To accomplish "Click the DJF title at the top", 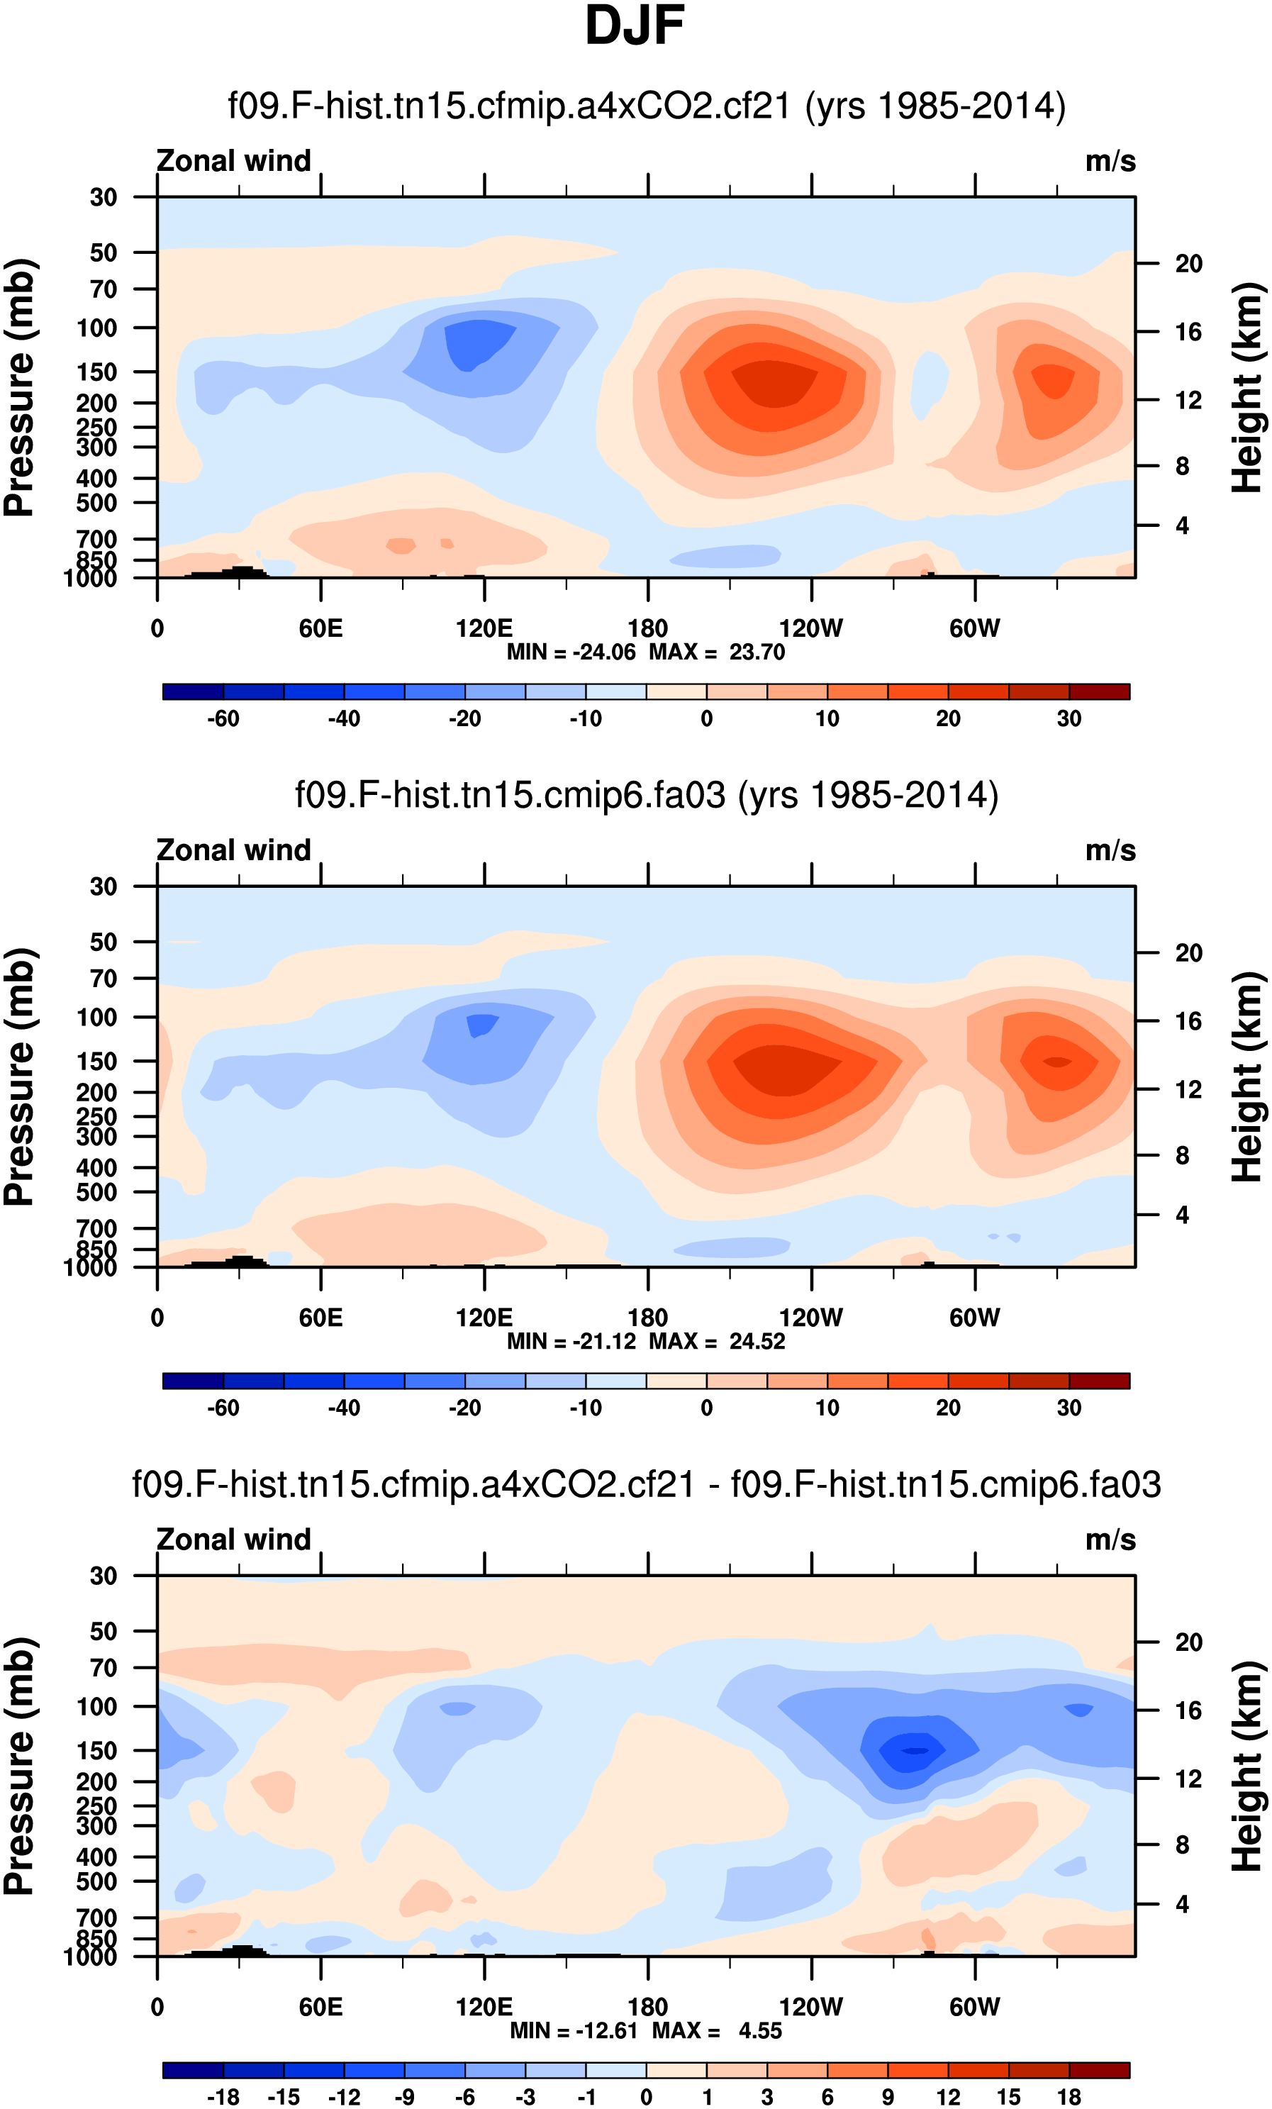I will (635, 26).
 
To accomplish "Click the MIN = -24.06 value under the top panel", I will (571, 652).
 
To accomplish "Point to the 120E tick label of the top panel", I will (484, 629).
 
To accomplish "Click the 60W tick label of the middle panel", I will (974, 1318).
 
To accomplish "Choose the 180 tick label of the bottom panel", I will (647, 2007).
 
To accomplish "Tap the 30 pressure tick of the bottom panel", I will (103, 1576).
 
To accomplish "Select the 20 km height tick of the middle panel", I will (1188, 952).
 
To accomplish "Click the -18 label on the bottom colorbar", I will (223, 2096).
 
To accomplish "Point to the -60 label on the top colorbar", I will (223, 718).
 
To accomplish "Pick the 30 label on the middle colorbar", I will (1069, 1407).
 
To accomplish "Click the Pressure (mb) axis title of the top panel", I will (19, 387).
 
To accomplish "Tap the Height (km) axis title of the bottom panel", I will (1248, 1766).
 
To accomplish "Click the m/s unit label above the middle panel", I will (1110, 850).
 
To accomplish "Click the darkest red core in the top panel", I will (775, 384).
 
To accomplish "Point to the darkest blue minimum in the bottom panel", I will (914, 1750).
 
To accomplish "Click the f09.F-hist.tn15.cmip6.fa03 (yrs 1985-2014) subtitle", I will (646, 795).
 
